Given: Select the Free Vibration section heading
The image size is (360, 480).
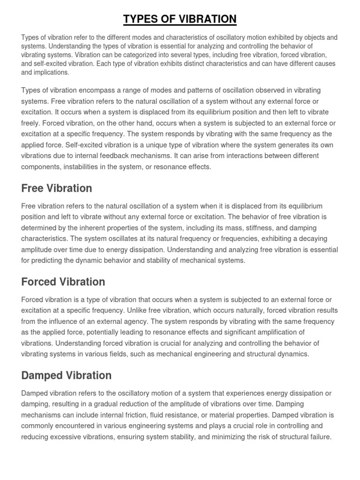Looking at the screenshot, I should [x=56, y=188].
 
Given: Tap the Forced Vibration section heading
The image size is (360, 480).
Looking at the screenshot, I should [x=63, y=282].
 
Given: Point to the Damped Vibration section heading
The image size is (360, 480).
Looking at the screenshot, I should [x=66, y=375].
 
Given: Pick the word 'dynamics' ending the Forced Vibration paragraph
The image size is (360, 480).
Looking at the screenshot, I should [x=294, y=354].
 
